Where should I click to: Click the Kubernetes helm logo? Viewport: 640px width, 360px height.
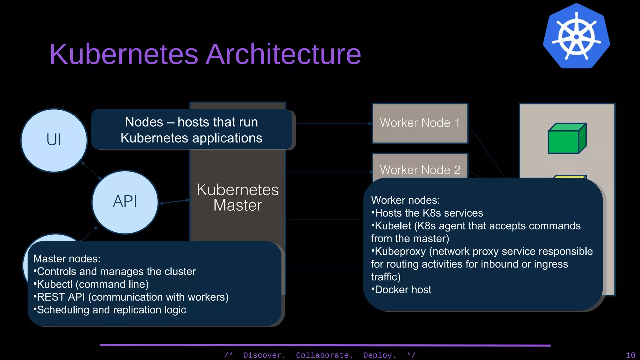(x=576, y=36)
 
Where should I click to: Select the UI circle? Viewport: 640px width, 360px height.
(x=54, y=140)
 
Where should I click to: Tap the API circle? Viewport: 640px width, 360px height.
(x=125, y=202)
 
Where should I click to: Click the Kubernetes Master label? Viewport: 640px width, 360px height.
(x=237, y=197)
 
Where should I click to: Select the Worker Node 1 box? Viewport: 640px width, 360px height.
(x=420, y=123)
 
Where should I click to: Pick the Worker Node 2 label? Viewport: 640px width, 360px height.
(x=420, y=170)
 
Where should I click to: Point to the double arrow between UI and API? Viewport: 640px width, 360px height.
(x=91, y=170)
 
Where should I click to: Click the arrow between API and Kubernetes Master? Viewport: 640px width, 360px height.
(x=174, y=202)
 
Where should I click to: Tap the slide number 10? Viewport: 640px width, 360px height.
(x=630, y=355)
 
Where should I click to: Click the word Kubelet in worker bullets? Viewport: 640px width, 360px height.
(x=393, y=226)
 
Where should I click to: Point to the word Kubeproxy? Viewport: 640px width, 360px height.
(x=400, y=252)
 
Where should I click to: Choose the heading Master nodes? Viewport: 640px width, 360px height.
(x=67, y=259)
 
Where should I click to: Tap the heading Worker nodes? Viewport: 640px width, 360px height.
(x=405, y=200)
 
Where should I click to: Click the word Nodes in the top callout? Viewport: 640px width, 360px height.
(x=144, y=122)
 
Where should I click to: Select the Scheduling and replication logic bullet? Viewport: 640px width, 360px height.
(x=111, y=310)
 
